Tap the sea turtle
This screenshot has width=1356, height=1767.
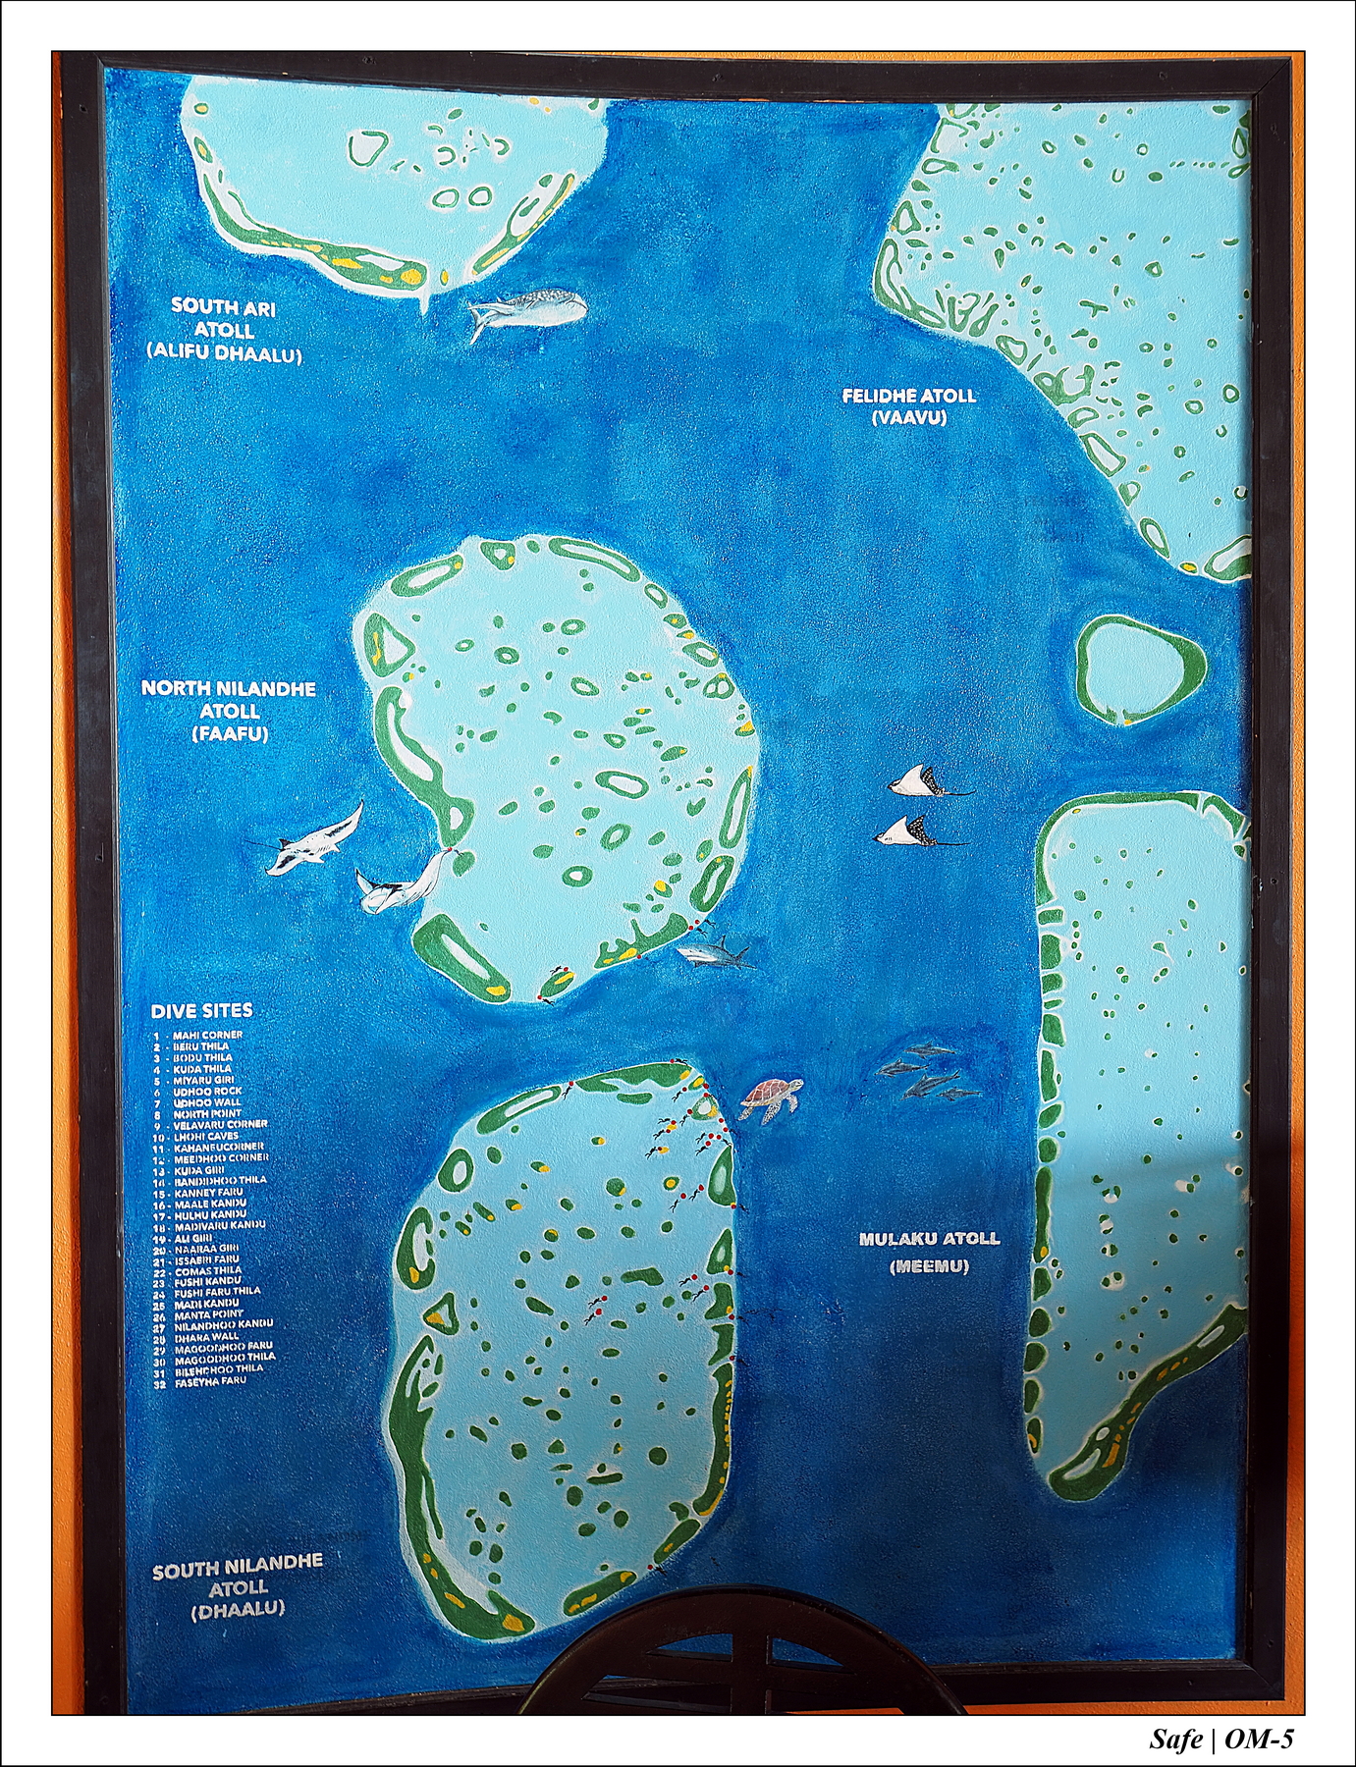pyautogui.click(x=771, y=1097)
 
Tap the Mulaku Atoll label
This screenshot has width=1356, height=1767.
pyautogui.click(x=929, y=1240)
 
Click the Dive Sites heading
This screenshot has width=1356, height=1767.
pyautogui.click(x=201, y=1010)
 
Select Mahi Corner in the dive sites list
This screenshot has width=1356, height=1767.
pyautogui.click(x=207, y=1035)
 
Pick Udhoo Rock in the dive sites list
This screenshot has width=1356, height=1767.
pyautogui.click(x=207, y=1091)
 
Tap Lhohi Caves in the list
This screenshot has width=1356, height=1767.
pyautogui.click(x=206, y=1136)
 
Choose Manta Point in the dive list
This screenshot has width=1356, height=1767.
pyautogui.click(x=208, y=1313)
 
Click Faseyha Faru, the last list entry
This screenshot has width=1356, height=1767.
pyautogui.click(x=210, y=1381)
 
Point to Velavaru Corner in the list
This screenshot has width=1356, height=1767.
pyautogui.click(x=220, y=1124)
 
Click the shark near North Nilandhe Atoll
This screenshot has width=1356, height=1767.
pyautogui.click(x=715, y=951)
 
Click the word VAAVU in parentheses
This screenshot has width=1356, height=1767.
pyautogui.click(x=908, y=417)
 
